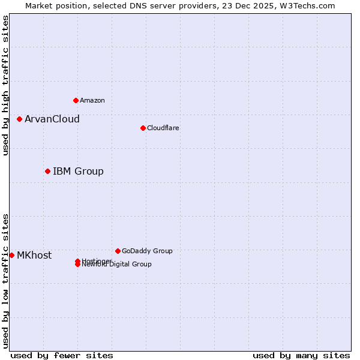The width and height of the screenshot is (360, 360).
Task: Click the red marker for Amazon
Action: coord(76,100)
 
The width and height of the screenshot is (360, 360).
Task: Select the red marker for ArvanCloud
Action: coord(19,119)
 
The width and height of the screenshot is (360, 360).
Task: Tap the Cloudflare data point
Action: coord(143,128)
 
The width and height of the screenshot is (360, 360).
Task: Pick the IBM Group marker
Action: coord(47,171)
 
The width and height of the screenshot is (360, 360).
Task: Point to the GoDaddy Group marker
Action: coord(118,251)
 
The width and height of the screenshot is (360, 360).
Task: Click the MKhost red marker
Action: coord(11,255)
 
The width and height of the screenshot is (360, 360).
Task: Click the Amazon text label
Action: coord(92,100)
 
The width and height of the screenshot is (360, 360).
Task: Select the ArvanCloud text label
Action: coord(52,119)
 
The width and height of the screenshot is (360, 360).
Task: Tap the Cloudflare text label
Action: coord(163,128)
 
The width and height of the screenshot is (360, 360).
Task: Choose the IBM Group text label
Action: coord(78,171)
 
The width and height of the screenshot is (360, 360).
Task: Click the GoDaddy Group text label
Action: coord(147,251)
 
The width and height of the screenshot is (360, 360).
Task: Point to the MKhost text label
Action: coord(34,255)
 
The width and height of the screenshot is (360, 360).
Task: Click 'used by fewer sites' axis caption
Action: coord(62,355)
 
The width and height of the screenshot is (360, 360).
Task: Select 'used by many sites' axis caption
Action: coord(301,355)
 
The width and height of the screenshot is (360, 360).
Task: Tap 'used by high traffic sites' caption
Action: coord(6,85)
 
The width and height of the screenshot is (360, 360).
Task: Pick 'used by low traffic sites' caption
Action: coord(6,280)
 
